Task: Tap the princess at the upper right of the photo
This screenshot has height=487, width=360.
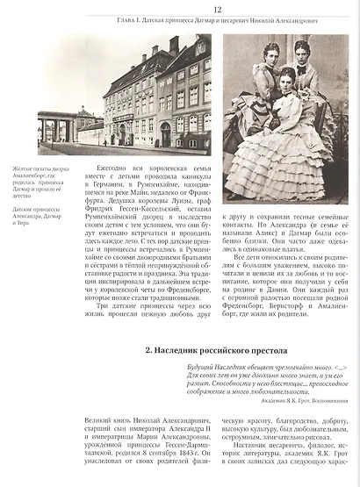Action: point(304,75)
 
